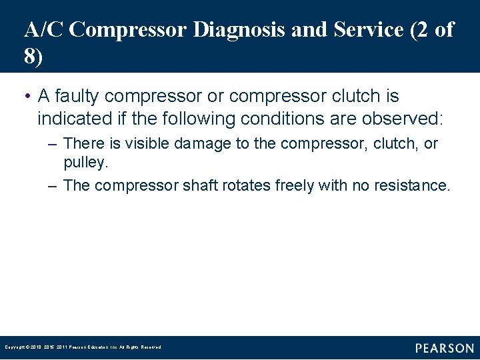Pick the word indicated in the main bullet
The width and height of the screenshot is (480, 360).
click(69, 119)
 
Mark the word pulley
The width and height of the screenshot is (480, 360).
click(84, 162)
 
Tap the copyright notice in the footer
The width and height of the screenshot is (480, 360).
click(83, 347)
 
